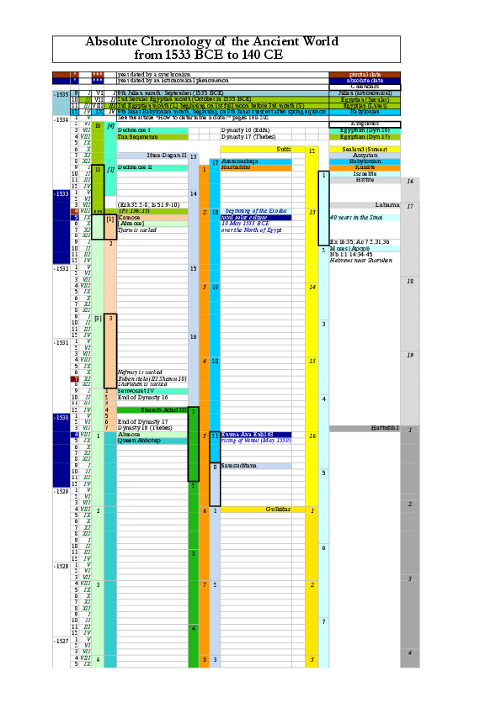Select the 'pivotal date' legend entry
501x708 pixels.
(365, 74)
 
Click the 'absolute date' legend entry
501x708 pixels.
(365, 80)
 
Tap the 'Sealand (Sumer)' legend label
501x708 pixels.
(365, 149)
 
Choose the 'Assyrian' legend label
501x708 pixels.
(365, 156)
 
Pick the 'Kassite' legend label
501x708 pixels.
(365, 167)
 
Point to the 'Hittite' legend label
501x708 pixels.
(365, 180)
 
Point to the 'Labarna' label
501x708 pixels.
(386, 205)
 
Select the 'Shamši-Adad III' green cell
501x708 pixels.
(152, 409)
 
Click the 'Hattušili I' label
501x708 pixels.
(385, 428)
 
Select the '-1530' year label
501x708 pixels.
(61, 417)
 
